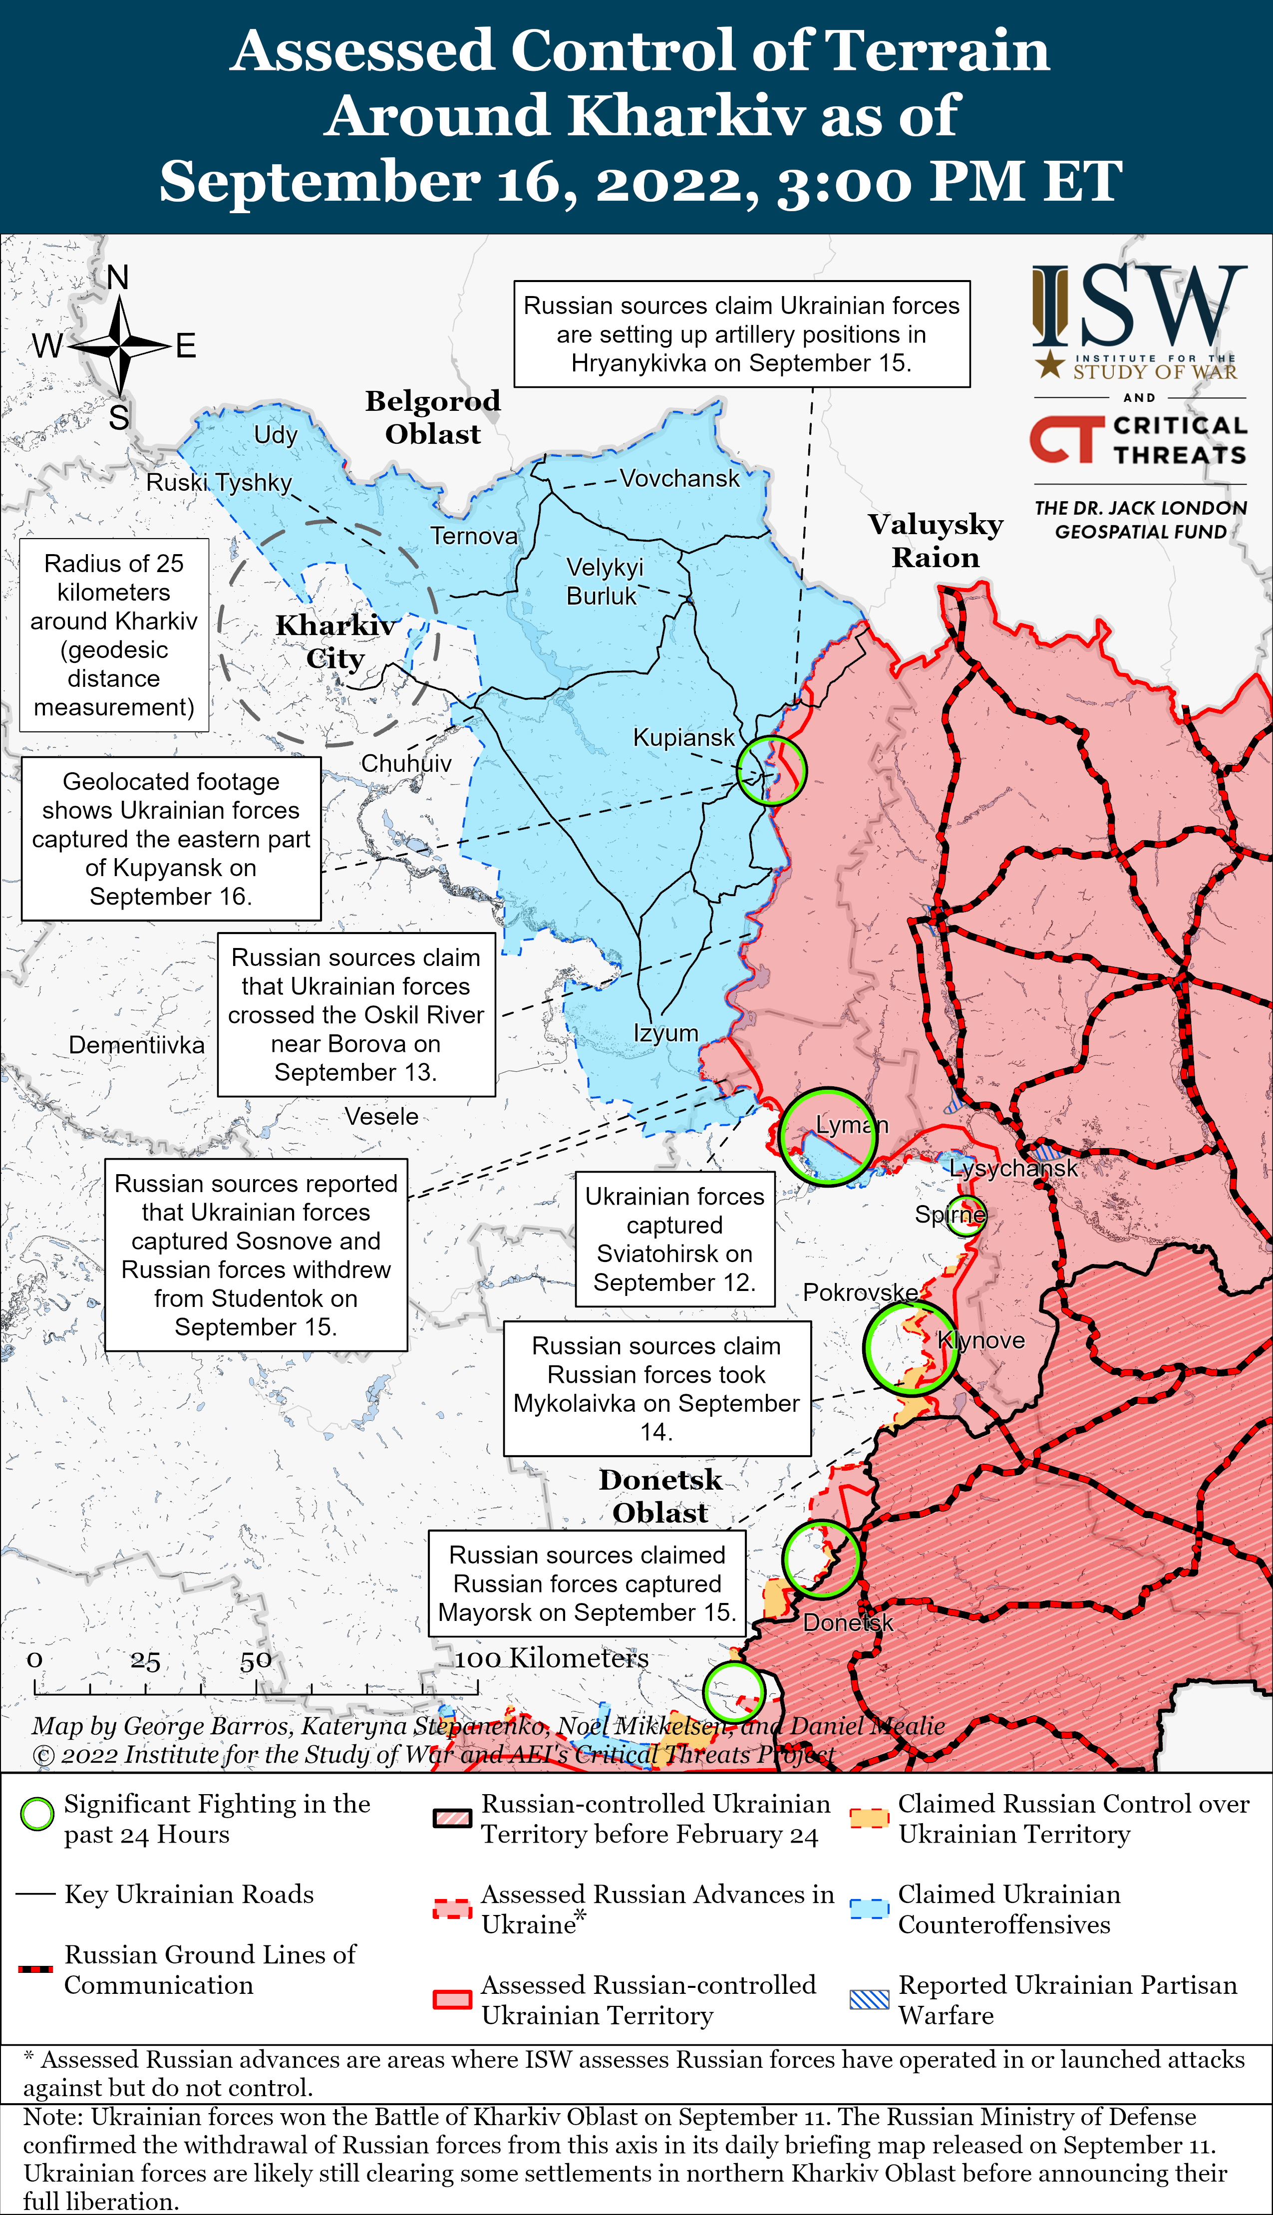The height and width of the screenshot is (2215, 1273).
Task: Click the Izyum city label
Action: click(x=665, y=1033)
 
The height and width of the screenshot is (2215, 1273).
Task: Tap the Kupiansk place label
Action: click(x=684, y=738)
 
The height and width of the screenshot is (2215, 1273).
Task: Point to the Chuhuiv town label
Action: click(x=406, y=764)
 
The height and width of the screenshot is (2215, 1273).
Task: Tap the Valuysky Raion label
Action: click(x=936, y=540)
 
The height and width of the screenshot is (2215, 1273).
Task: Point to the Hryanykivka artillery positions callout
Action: click(x=741, y=334)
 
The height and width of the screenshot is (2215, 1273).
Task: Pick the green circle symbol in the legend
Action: click(x=37, y=1814)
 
